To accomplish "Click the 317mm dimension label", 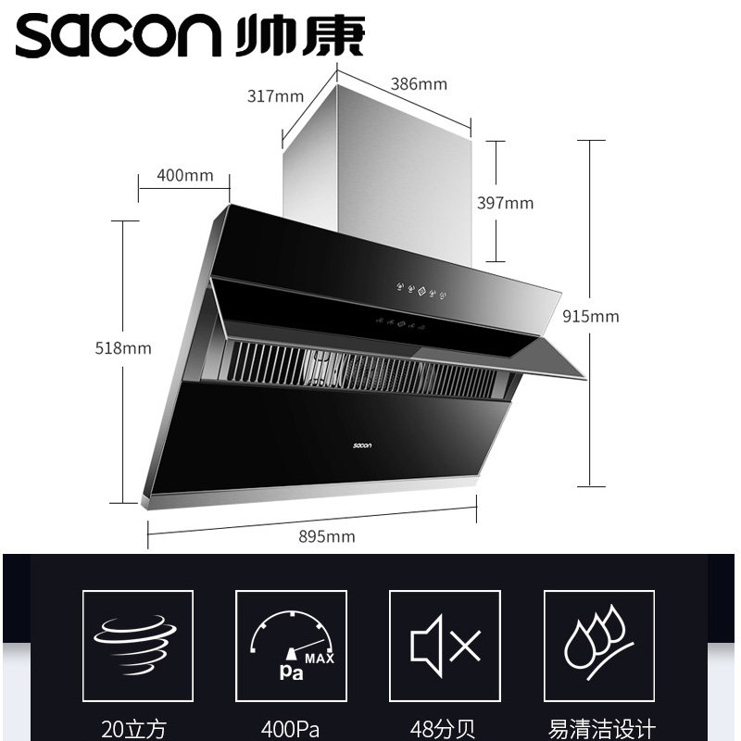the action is coord(276,95).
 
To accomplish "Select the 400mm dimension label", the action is coord(185,175).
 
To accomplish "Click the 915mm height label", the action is coord(591,316).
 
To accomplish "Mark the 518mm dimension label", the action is coord(123,348).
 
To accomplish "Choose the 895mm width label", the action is coord(327,536).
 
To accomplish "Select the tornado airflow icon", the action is coord(137,646).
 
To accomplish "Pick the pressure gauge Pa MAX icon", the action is coord(291,646).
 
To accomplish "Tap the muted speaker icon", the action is coord(445,646).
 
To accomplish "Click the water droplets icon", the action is coord(598,646).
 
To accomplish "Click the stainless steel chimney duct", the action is coord(380,167).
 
